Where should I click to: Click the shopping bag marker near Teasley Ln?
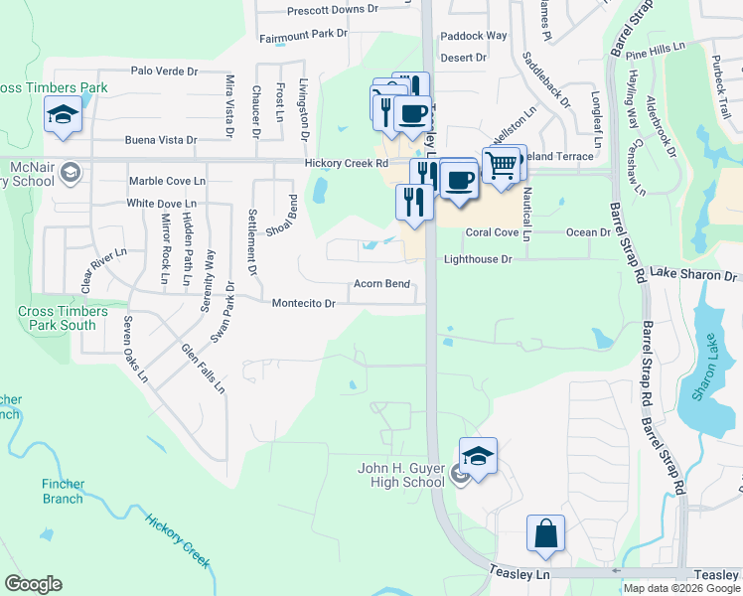(x=545, y=533)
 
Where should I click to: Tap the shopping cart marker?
(x=503, y=164)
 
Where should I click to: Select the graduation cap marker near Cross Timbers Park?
(x=63, y=116)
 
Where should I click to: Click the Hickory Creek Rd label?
(x=346, y=163)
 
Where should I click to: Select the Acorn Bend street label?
(x=382, y=284)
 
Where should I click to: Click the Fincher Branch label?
(x=63, y=492)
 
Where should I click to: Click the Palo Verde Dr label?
(x=164, y=72)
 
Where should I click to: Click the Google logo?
(x=33, y=584)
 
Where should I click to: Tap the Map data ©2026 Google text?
(x=680, y=588)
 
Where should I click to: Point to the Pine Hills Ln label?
(x=656, y=48)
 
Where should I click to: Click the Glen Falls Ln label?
(x=202, y=368)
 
